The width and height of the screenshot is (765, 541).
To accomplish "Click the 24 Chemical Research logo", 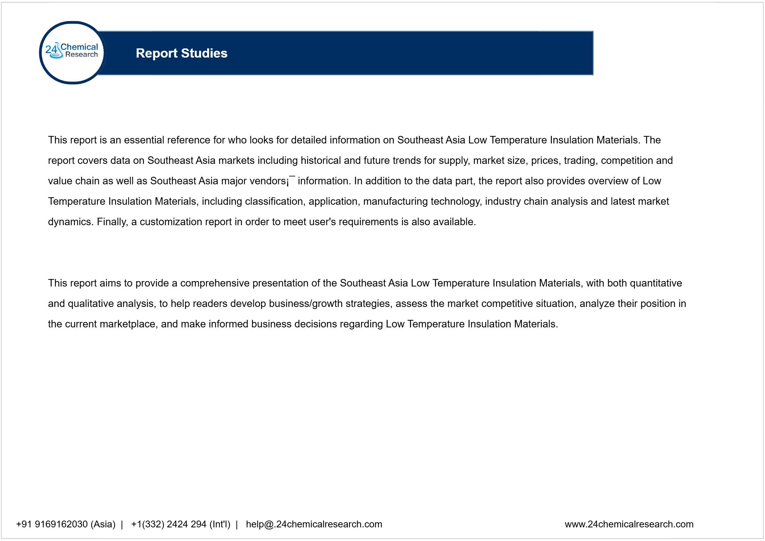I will click(72, 53).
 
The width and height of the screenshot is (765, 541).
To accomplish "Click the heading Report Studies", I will click(182, 53).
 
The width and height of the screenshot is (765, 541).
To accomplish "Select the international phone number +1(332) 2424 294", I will click(181, 524).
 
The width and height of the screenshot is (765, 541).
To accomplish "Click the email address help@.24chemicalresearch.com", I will click(314, 524).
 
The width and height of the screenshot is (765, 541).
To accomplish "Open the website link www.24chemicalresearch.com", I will click(629, 524).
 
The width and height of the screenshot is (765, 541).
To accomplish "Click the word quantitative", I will click(656, 283).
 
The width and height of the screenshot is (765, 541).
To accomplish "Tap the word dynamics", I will click(69, 222).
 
